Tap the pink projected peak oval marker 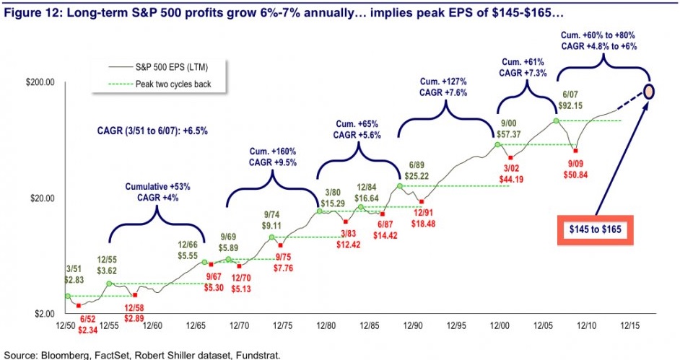click(x=649, y=92)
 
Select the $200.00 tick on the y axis click(x=40, y=82)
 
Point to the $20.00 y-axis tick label click(x=43, y=198)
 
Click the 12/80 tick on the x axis click(x=325, y=326)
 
